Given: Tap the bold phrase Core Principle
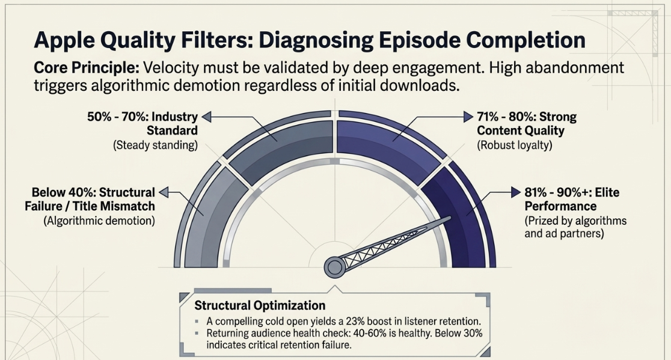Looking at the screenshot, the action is coord(87,68).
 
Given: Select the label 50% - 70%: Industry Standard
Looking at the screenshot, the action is coord(142,124).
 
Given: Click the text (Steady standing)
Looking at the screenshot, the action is coord(155,145).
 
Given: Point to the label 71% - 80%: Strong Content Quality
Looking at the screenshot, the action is coord(527,124).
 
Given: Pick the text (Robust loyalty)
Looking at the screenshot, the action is coord(515,145).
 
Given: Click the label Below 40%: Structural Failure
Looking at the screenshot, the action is coord(90,200).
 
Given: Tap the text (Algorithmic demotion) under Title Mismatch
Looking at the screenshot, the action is coord(99,221).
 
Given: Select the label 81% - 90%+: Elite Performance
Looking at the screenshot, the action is coord(572,200).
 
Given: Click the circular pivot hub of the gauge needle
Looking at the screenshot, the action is coord(335,267).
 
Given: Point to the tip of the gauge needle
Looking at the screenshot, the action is coord(450,218).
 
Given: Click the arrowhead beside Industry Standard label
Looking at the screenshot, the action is coord(206,117).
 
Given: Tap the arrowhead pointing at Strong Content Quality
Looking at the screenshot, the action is coord(469,117).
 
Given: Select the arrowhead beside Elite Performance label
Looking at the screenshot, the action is coord(516,192).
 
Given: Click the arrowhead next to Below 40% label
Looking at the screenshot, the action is coord(164,192).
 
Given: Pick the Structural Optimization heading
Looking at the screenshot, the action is coord(260,306).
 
